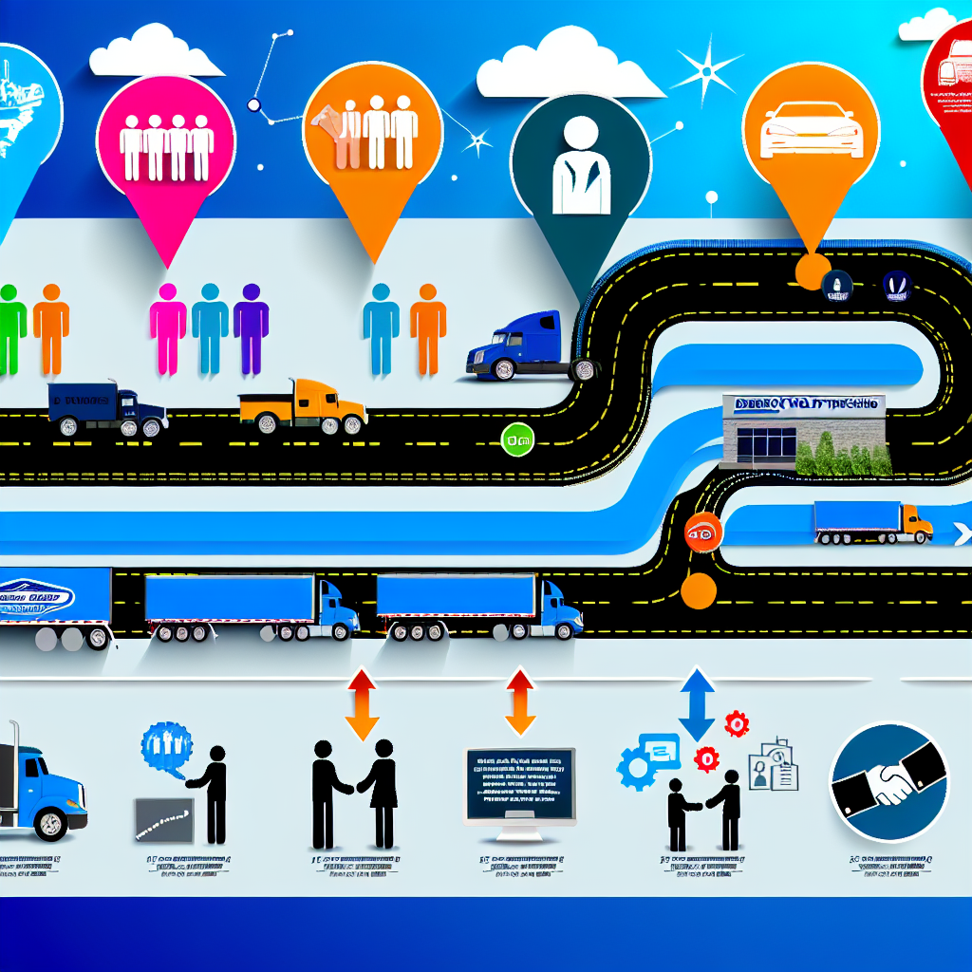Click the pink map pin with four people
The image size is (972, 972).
[167, 142]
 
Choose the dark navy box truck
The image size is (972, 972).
[107, 408]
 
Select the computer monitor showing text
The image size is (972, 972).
[519, 785]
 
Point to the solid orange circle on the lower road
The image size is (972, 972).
[699, 590]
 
